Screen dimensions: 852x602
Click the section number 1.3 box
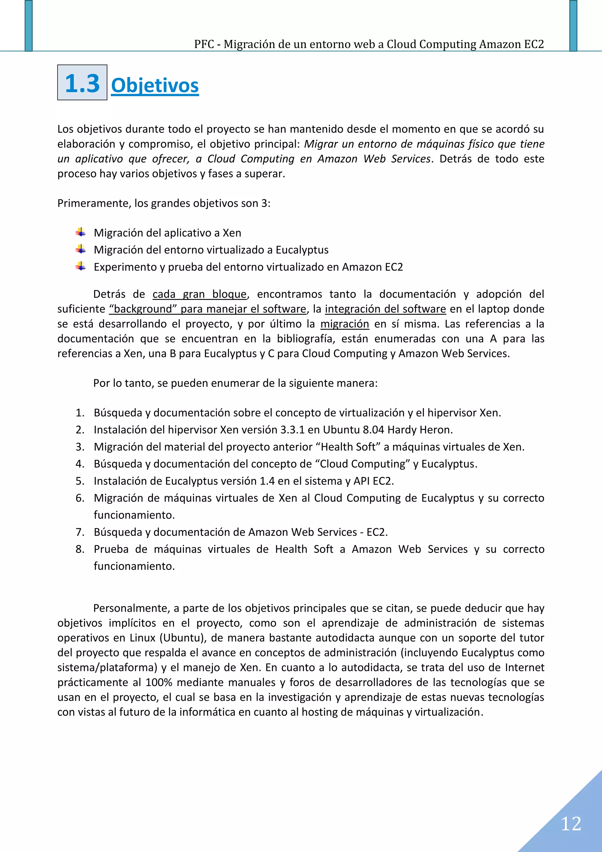(x=82, y=82)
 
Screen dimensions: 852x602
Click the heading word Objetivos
(x=155, y=85)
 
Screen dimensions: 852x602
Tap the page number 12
(x=571, y=824)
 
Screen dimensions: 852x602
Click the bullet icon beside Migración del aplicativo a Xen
(x=81, y=233)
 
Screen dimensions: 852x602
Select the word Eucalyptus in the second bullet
(x=302, y=250)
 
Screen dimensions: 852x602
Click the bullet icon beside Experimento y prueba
(x=81, y=267)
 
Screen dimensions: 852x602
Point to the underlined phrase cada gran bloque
(x=200, y=294)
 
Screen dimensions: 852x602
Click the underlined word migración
(x=345, y=324)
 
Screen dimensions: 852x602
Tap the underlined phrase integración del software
(x=385, y=309)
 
